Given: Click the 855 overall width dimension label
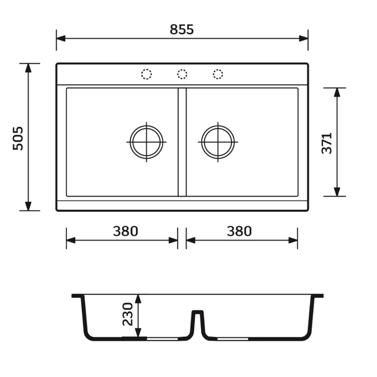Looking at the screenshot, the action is pyautogui.click(x=181, y=29).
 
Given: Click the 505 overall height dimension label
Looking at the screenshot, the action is pyautogui.click(x=18, y=138).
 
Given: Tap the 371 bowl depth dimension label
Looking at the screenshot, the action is pyautogui.click(x=327, y=143).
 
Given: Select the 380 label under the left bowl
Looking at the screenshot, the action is pyautogui.click(x=126, y=231).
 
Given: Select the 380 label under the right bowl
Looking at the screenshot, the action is pyautogui.click(x=239, y=231).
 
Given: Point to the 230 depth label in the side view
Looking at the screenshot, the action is pyautogui.click(x=127, y=314).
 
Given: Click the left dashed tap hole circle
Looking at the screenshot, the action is pyautogui.click(x=147, y=74).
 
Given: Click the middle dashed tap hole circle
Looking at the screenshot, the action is pyautogui.click(x=183, y=74).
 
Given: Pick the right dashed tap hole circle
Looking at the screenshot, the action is pyautogui.click(x=218, y=74).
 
